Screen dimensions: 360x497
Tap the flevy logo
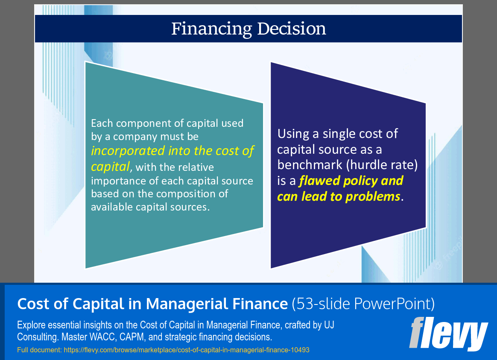[448, 334]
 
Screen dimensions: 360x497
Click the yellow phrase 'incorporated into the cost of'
[172, 151]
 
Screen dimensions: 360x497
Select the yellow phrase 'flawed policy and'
[351, 181]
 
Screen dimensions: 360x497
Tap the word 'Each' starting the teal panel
[102, 123]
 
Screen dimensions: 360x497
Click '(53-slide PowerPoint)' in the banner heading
[363, 304]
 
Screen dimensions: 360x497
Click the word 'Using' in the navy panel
[293, 134]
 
